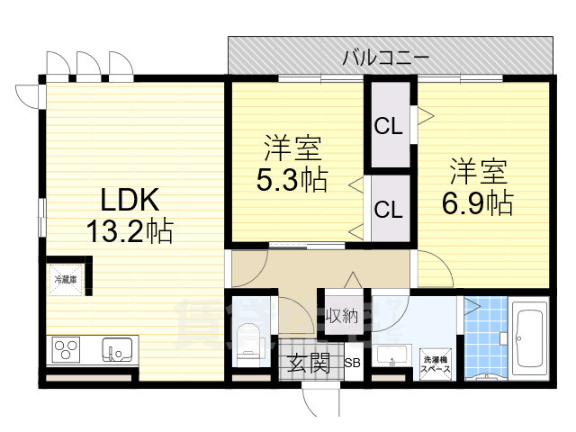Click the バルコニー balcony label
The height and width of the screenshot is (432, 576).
pos(385,58)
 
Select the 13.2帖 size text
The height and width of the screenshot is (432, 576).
pos(129,231)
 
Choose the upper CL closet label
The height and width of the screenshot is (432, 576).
pos(388,127)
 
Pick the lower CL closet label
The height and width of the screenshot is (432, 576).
pos(388,210)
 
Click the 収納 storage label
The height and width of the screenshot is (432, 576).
pos(342,315)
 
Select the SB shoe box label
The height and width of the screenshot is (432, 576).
pos(353,364)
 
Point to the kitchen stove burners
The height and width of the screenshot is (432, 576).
pos(67,347)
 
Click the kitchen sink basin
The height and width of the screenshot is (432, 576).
pos(117,347)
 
